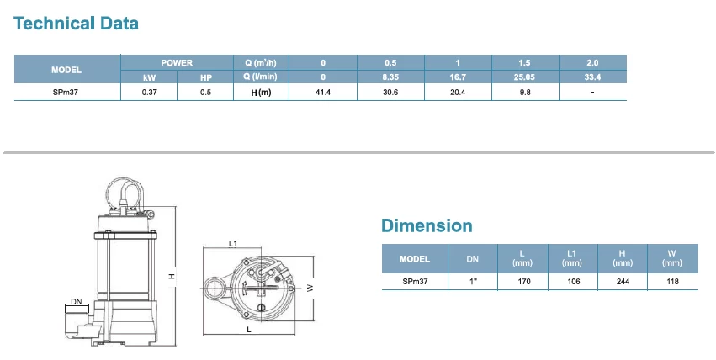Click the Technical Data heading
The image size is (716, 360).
tap(76, 24)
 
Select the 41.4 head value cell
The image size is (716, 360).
tap(323, 93)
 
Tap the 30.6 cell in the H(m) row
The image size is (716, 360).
tap(390, 93)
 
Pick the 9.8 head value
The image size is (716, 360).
tap(525, 93)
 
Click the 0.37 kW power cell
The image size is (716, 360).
tap(149, 93)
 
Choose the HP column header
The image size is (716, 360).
tap(206, 77)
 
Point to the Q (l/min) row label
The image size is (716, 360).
tap(261, 77)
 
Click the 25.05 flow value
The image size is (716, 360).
tap(524, 77)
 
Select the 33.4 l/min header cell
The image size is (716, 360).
tap(592, 77)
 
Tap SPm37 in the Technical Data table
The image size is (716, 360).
tap(66, 93)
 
